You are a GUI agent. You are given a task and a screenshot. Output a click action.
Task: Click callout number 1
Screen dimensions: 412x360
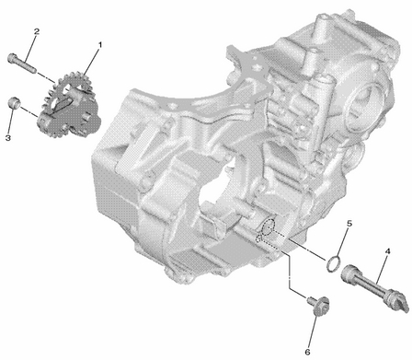99,45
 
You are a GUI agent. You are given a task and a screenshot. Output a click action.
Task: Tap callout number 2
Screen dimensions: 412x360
37,31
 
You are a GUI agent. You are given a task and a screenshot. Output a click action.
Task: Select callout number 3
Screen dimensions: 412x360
8,138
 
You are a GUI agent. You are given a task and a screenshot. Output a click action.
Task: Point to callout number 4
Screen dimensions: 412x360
387,251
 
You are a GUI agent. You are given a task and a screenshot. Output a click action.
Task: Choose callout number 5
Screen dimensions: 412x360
349,224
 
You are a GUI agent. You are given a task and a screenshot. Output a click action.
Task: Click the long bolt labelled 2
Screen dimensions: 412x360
21,63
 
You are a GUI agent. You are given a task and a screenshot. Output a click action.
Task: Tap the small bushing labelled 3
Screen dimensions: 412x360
14,102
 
